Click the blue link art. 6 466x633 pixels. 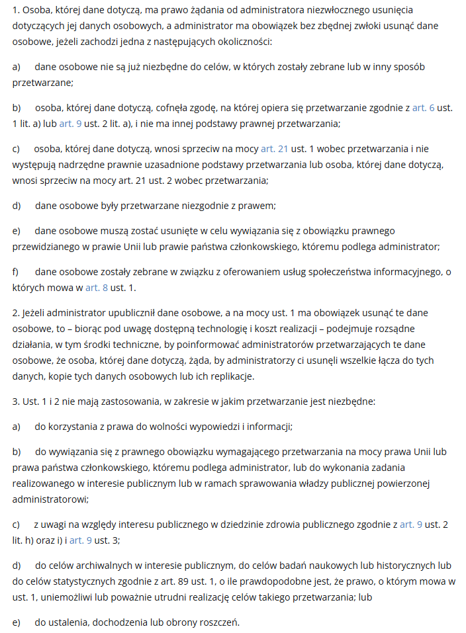tap(423, 107)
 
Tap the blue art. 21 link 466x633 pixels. tap(275, 149)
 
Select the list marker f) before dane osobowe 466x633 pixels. tap(16, 272)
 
